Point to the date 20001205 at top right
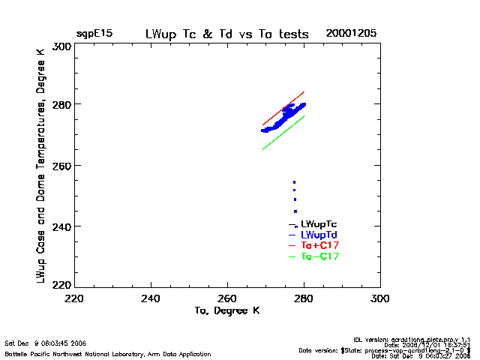point(351,34)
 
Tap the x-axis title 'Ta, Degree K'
point(226,310)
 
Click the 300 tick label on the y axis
point(62,46)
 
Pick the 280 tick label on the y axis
point(62,105)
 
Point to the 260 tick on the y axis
point(62,166)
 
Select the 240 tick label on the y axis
point(62,226)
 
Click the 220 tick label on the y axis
point(62,285)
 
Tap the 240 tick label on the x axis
point(151,298)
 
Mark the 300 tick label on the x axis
point(379,298)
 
